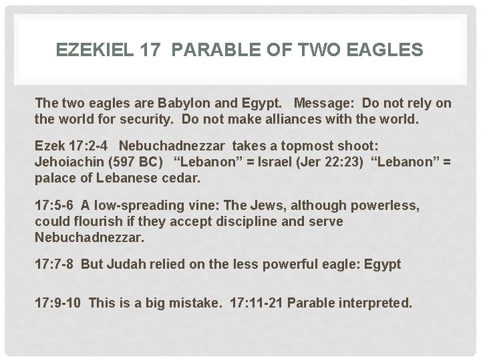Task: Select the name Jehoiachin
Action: coord(68,163)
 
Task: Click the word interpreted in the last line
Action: coord(379,303)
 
